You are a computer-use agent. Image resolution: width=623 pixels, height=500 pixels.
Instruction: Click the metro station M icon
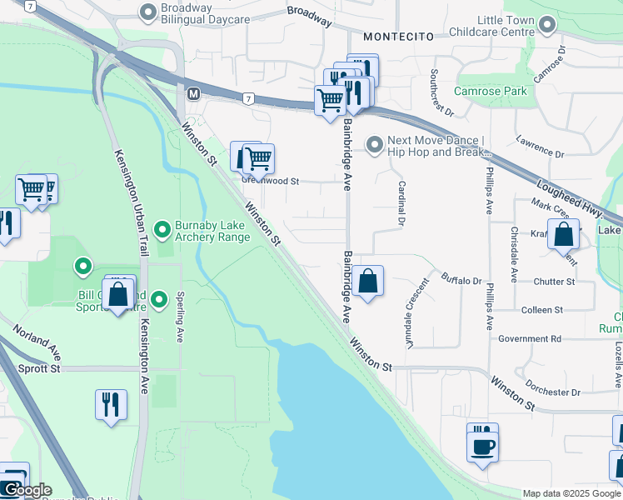(193, 92)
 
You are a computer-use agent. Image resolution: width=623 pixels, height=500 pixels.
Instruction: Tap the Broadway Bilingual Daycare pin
(148, 12)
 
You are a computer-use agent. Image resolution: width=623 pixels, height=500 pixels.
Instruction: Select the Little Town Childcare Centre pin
(547, 26)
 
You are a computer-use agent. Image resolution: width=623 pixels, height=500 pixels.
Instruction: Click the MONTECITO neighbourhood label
(398, 37)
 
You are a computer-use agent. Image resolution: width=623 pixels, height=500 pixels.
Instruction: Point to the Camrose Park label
(490, 91)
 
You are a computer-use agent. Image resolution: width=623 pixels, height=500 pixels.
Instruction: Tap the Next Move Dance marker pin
(374, 146)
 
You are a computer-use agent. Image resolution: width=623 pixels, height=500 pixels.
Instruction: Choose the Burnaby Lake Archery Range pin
(162, 227)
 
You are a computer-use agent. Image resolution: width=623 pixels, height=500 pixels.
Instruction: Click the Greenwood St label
(270, 180)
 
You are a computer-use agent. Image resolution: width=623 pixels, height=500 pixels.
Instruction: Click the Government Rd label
(530, 339)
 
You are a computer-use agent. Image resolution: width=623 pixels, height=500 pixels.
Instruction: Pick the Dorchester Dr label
(552, 392)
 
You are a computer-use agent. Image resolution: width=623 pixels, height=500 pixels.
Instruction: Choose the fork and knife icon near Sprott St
(111, 405)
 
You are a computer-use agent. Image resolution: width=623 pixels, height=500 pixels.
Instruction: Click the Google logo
(27, 490)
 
